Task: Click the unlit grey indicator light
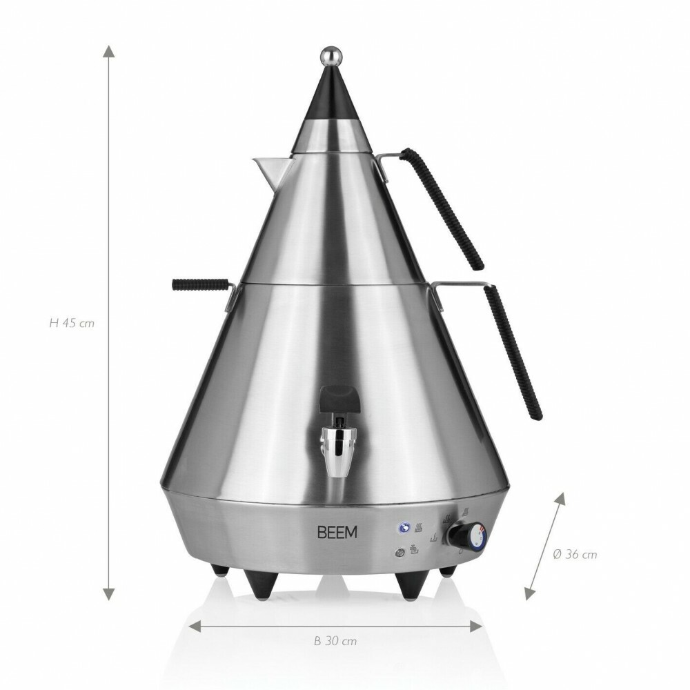click(399, 552)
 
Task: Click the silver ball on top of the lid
click(331, 55)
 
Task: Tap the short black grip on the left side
click(199, 284)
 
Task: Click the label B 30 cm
click(335, 641)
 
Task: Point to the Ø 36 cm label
click(575, 553)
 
